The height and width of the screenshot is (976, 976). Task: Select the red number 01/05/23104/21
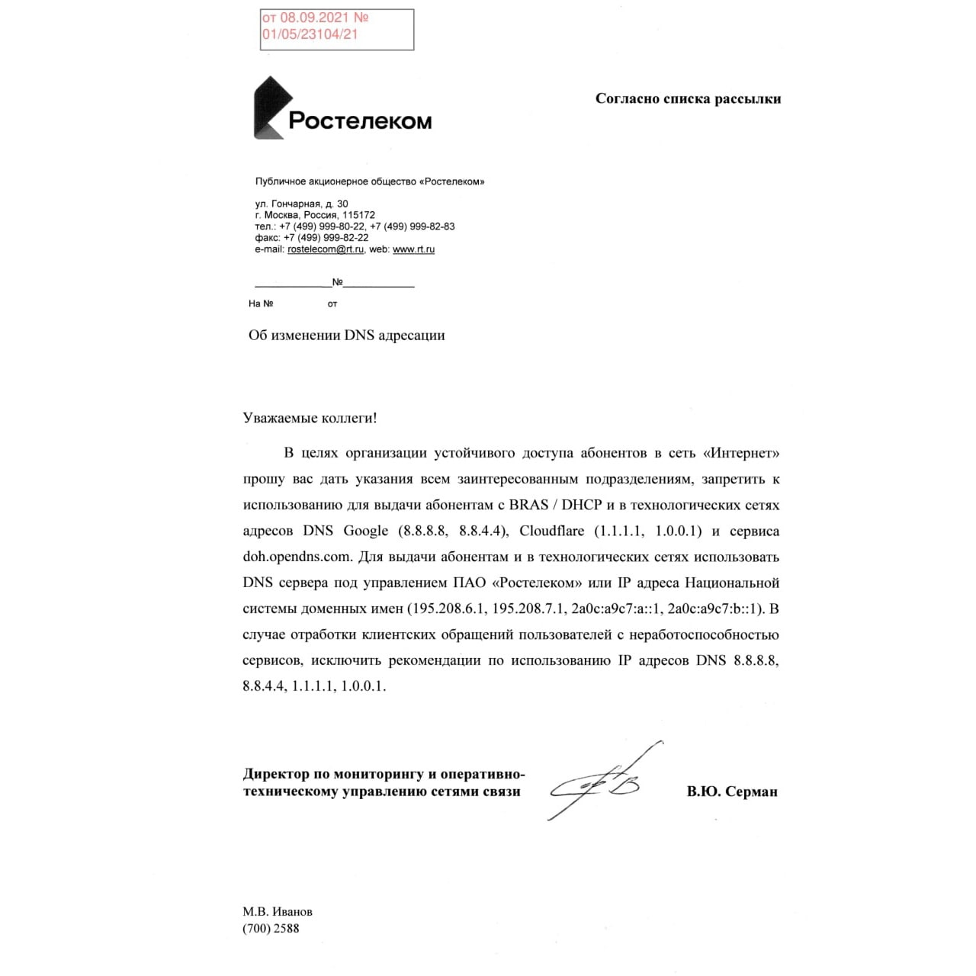(x=310, y=34)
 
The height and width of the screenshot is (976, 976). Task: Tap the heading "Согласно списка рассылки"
(x=688, y=98)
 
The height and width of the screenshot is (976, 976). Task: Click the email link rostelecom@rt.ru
(x=326, y=249)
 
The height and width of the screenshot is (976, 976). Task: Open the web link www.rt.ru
(x=413, y=249)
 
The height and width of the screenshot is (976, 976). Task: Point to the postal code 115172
(x=358, y=215)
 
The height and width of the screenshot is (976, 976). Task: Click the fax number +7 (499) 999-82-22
(x=326, y=238)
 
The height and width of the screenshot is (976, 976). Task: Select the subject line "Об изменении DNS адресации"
(x=346, y=335)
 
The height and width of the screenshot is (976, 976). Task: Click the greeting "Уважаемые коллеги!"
(x=310, y=418)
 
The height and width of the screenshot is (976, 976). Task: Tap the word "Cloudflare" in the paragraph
(x=552, y=531)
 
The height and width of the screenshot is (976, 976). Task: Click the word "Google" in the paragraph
(x=365, y=531)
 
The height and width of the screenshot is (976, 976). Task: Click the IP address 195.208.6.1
(x=447, y=608)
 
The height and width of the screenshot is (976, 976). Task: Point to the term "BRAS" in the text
(x=529, y=505)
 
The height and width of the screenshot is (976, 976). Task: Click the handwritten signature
(x=602, y=782)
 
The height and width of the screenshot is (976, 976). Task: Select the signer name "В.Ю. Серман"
(x=731, y=791)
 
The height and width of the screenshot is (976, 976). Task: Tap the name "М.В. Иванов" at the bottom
(x=277, y=912)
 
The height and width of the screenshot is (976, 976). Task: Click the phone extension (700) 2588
(x=271, y=929)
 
